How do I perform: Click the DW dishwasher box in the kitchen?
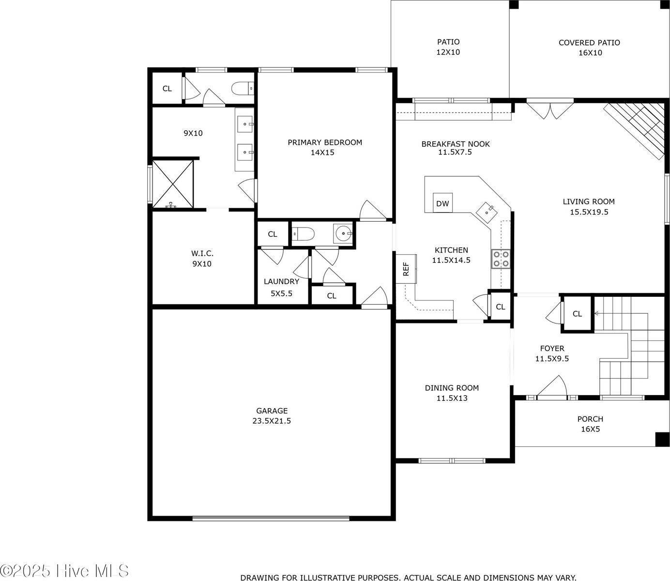[x=442, y=203]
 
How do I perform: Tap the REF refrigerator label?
[x=406, y=269]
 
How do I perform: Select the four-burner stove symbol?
[x=501, y=259]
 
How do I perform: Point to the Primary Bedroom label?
[x=324, y=142]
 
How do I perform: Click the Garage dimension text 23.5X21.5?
[x=271, y=421]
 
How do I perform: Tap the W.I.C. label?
[x=202, y=253]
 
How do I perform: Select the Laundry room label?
[x=281, y=281]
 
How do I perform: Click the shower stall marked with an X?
[x=173, y=183]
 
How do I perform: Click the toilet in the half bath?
[x=304, y=234]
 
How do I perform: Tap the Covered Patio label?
[x=589, y=43]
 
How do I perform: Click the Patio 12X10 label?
[x=448, y=47]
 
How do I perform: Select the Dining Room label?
[x=452, y=388]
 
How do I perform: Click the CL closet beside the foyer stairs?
[x=577, y=314]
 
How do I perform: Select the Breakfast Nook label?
[x=455, y=144]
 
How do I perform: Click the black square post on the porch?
[x=662, y=439]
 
